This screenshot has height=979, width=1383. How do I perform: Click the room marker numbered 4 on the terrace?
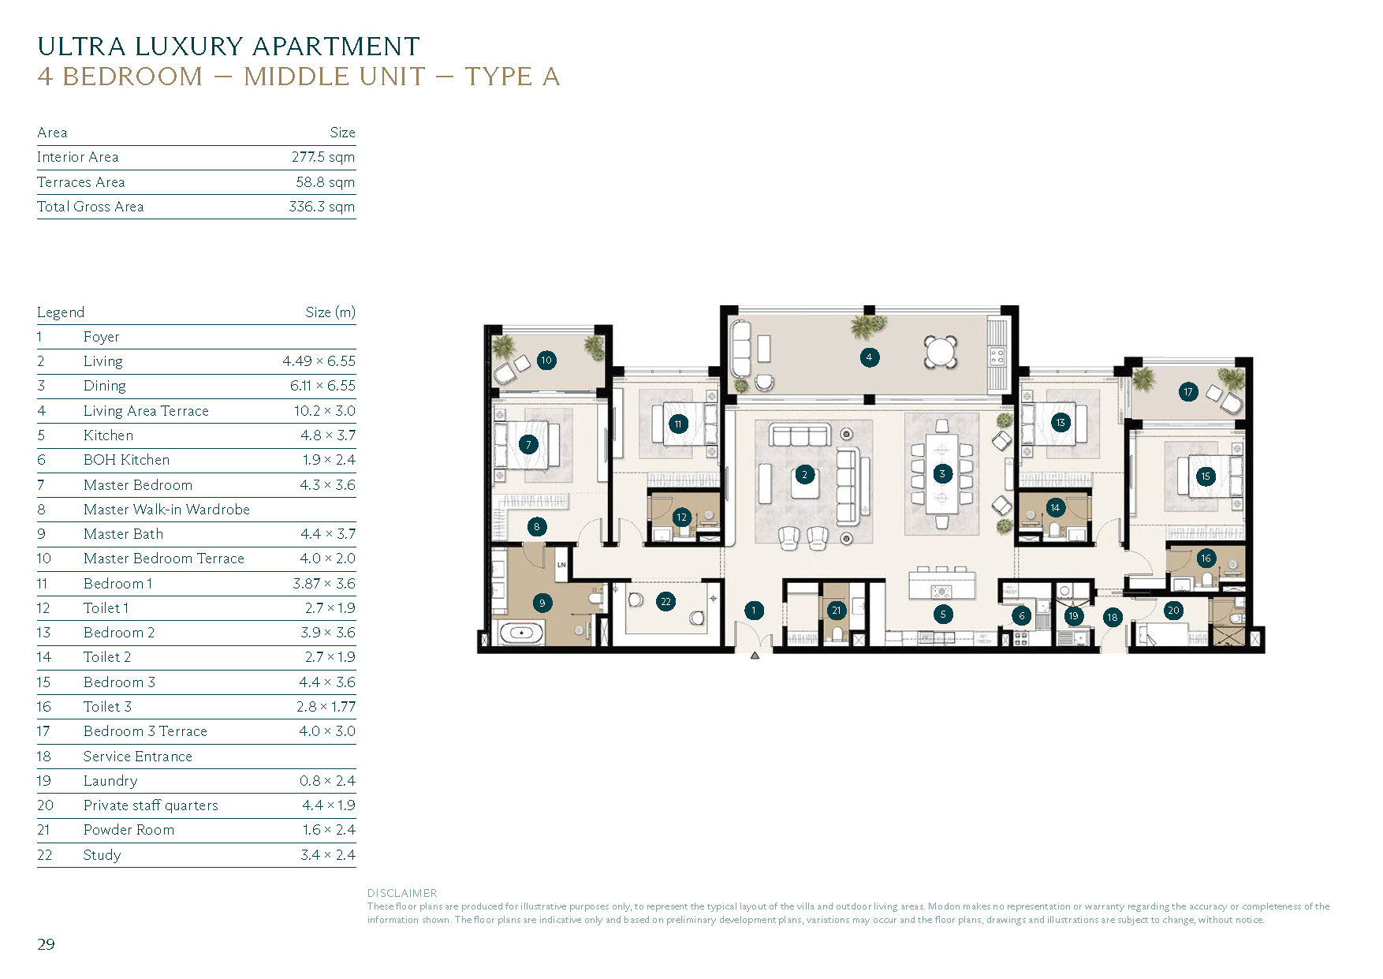coord(869,357)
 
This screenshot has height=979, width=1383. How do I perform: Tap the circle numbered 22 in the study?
coord(665,602)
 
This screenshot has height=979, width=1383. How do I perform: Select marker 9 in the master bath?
coord(542,603)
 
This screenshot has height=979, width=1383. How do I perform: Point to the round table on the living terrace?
coord(941,352)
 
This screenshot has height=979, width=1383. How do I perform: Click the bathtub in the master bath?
coord(521,633)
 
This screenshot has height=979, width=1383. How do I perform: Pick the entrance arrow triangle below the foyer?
coord(755,656)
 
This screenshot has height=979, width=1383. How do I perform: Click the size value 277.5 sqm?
coord(322,157)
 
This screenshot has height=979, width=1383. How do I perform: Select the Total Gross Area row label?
coord(90,207)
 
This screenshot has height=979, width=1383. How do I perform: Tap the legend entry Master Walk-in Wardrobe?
coord(166,510)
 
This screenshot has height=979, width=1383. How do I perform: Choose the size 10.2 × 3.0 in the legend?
coord(324,411)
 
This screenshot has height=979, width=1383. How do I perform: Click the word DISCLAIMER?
coord(401,893)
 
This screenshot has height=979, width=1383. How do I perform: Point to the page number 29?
coord(46,944)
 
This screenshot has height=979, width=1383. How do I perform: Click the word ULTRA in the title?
coord(81,47)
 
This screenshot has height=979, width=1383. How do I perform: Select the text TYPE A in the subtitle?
coord(512,77)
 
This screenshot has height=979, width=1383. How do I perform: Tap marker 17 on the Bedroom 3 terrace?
coord(1188,392)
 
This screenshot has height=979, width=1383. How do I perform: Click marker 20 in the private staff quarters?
coord(1173,610)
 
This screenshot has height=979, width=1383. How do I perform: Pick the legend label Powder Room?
coord(129,830)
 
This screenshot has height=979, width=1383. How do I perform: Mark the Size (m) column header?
coord(330,312)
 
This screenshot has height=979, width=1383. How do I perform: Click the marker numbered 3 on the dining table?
coord(941,474)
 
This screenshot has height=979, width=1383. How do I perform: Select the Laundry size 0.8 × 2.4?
coord(326,781)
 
